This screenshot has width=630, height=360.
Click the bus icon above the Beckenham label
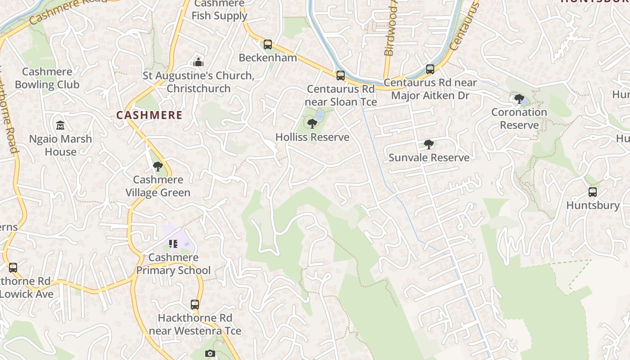(268, 45)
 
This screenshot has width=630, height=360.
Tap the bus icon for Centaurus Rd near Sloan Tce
(341, 76)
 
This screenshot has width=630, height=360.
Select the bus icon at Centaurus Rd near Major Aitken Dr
(430, 69)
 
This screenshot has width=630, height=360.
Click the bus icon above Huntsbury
(593, 192)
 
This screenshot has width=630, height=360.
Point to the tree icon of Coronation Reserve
(519, 99)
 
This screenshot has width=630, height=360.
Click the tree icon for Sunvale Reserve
(429, 144)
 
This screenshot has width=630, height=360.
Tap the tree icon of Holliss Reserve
(312, 124)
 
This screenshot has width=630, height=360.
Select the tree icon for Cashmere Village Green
(157, 166)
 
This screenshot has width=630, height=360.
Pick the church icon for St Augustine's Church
(198, 62)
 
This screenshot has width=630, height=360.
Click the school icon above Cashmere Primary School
(173, 244)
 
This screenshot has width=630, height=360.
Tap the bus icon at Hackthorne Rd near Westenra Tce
(195, 305)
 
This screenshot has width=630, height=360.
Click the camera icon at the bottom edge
(210, 354)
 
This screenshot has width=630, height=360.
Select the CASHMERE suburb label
(149, 115)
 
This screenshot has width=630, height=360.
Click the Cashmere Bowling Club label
(47, 78)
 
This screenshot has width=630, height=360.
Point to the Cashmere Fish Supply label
(219, 10)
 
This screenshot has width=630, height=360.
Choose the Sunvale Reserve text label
(429, 157)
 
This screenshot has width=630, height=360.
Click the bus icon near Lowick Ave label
(13, 268)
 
